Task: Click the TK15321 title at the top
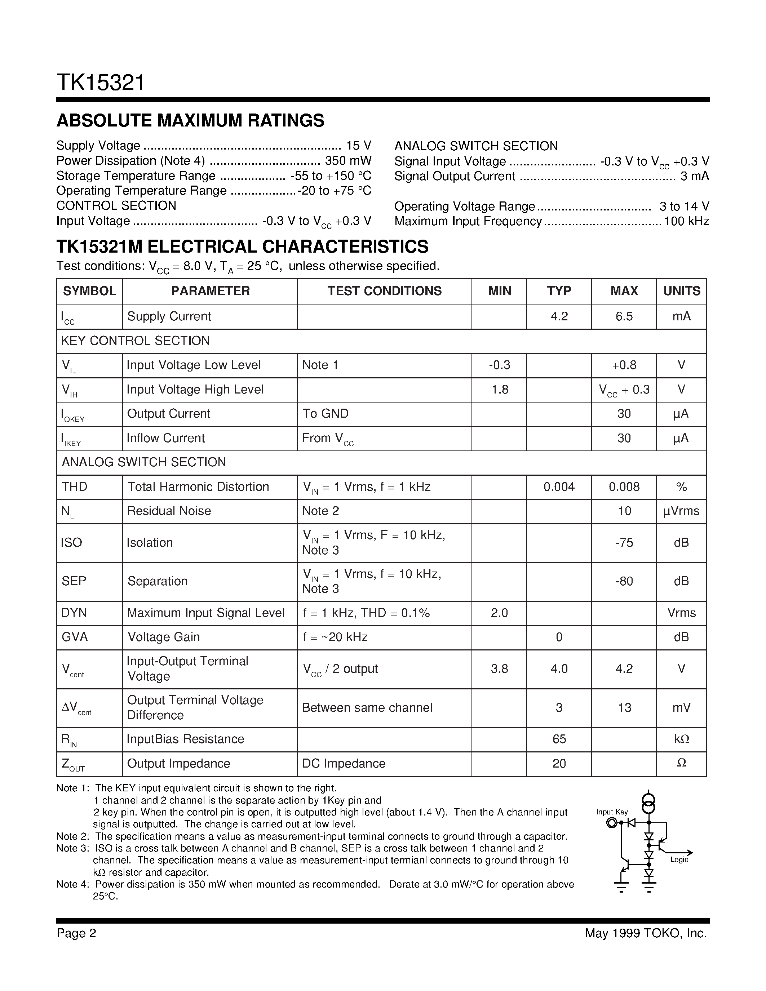[x=100, y=83]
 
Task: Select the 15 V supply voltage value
[x=359, y=146]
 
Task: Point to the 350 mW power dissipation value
[x=348, y=161]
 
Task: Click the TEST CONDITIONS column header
[x=384, y=291]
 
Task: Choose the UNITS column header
[x=682, y=291]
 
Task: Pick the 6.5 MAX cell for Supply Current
[x=624, y=316]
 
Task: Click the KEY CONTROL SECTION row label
[x=135, y=341]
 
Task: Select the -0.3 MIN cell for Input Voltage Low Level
[x=499, y=365]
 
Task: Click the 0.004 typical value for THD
[x=559, y=487]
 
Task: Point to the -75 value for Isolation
[x=624, y=543]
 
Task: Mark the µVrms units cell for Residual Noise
[x=681, y=511]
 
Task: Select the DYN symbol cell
[x=74, y=613]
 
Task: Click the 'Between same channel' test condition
[x=367, y=708]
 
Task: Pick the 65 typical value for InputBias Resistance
[x=559, y=739]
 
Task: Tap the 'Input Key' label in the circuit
[x=612, y=812]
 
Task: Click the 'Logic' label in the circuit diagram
[x=679, y=860]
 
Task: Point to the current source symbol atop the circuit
[x=649, y=803]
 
